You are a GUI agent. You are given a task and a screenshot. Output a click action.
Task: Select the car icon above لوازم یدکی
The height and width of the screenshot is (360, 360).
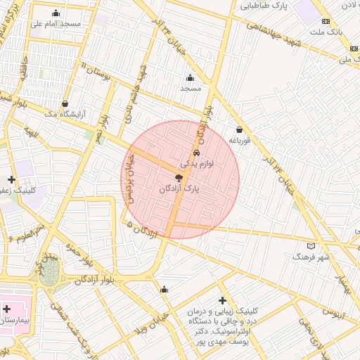(x=196, y=152)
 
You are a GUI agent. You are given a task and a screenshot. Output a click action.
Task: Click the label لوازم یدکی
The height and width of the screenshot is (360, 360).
(x=197, y=163)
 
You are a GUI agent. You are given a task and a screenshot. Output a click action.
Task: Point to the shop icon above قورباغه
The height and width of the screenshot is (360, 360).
(x=240, y=129)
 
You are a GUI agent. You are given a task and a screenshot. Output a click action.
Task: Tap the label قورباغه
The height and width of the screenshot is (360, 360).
(x=240, y=141)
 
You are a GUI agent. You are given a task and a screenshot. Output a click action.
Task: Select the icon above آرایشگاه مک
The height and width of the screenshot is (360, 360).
(x=65, y=103)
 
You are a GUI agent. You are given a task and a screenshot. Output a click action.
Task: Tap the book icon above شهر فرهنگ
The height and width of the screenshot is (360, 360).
(x=311, y=246)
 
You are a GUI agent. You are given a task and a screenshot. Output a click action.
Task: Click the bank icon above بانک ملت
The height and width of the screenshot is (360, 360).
(x=325, y=22)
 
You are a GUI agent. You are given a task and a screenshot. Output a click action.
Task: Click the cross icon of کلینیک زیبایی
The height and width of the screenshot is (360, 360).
(x=223, y=300)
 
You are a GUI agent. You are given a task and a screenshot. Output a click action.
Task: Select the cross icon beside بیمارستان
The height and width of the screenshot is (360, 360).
(x=6, y=309)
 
